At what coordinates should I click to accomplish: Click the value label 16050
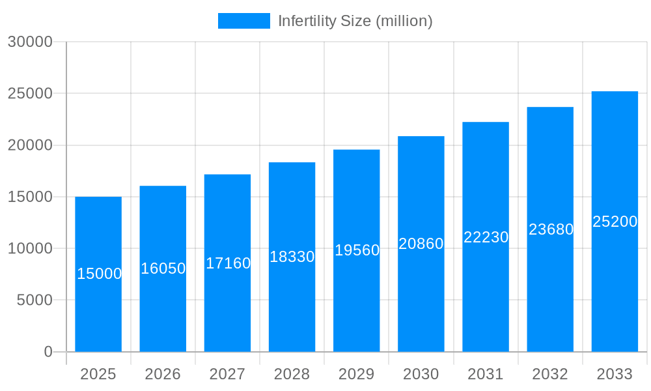[163, 268]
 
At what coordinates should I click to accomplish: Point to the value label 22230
[486, 237]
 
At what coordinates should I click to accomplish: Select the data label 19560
[357, 250]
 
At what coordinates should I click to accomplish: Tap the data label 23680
[551, 229]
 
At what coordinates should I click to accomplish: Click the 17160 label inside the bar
[228, 263]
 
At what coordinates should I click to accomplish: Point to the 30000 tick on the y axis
[29, 42]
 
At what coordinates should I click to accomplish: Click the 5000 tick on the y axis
[34, 300]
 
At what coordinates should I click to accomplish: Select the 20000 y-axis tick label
[29, 145]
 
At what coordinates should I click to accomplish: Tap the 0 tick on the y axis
[48, 352]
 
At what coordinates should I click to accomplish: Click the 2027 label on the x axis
[227, 374]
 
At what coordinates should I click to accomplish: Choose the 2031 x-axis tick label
[486, 374]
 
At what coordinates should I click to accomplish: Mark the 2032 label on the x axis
[550, 374]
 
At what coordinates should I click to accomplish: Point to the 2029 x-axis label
[357, 374]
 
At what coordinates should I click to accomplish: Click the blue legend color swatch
[243, 21]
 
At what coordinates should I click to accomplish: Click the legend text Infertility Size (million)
[355, 21]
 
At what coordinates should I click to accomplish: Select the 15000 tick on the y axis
[29, 197]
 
